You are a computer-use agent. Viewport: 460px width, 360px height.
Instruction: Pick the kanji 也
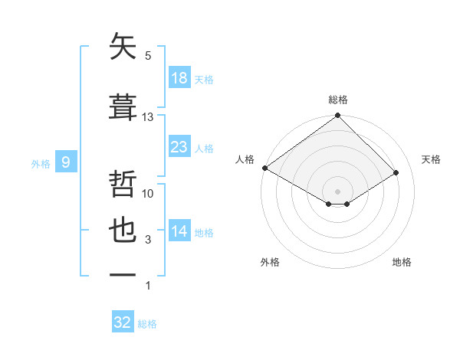(x=123, y=231)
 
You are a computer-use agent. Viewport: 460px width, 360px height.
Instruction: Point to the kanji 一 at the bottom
(x=123, y=275)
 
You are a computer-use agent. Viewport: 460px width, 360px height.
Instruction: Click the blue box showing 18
(x=179, y=78)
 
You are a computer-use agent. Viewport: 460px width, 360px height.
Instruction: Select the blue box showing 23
(x=179, y=147)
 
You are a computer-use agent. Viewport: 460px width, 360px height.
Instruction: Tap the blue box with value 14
(x=179, y=231)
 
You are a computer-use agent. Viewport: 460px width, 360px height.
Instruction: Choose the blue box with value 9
(x=67, y=162)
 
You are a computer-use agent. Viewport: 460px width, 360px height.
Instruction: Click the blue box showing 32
(x=123, y=322)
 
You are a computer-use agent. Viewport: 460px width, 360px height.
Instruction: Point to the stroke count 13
(x=148, y=117)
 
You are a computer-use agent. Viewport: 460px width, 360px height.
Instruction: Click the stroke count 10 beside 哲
(x=148, y=194)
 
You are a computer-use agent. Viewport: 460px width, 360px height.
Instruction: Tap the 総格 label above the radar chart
(x=338, y=100)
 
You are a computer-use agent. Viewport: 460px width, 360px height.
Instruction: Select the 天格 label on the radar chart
(x=431, y=159)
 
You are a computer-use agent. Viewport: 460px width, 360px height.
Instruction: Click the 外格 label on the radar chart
(x=270, y=262)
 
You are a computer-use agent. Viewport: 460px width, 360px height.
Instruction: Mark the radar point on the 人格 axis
(x=264, y=168)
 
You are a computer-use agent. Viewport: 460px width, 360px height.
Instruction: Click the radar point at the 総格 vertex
(x=337, y=116)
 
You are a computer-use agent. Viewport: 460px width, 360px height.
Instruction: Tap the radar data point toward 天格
(x=396, y=172)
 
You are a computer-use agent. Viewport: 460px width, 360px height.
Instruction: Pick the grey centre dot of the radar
(x=337, y=191)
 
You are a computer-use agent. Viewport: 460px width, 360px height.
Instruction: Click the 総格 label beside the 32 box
(x=148, y=324)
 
